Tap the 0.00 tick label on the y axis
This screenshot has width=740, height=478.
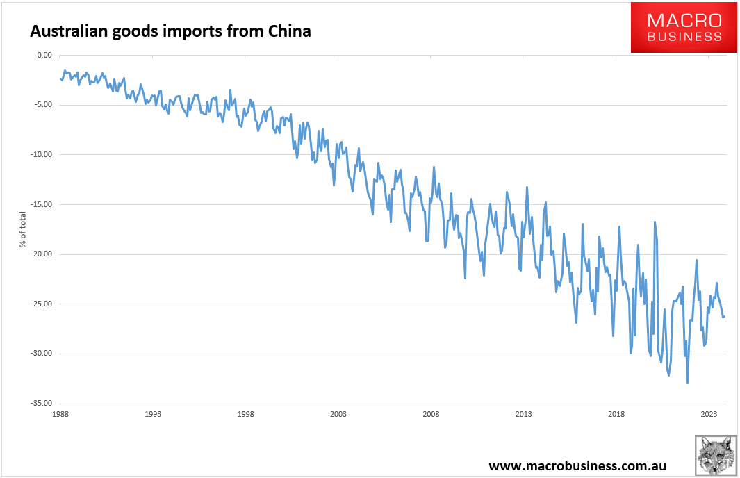pyautogui.click(x=44, y=55)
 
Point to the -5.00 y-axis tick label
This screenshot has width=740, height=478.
pyautogui.click(x=44, y=105)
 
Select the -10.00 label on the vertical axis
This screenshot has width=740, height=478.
pyautogui.click(x=42, y=154)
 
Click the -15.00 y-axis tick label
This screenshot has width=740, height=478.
pyautogui.click(x=42, y=204)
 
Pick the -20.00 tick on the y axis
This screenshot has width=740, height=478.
pyautogui.click(x=42, y=254)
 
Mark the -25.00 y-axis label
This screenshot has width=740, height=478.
pyautogui.click(x=42, y=304)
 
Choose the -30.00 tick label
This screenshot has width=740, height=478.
pyautogui.click(x=42, y=353)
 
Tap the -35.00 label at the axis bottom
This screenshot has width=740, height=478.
pyautogui.click(x=42, y=403)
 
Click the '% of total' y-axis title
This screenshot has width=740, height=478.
pyautogui.click(x=23, y=229)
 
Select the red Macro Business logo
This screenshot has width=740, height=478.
pyautogui.click(x=684, y=27)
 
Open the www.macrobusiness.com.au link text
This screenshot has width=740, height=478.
pyautogui.click(x=577, y=466)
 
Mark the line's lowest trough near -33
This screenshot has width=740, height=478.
pyautogui.click(x=688, y=382)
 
